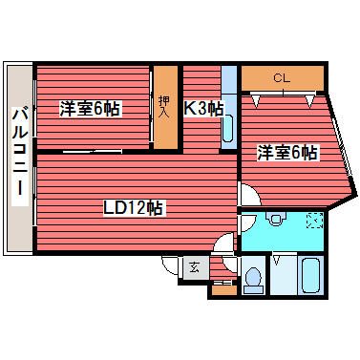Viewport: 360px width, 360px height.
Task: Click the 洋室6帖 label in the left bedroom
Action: click(x=91, y=109)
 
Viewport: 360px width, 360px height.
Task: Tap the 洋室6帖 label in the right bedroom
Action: click(x=286, y=152)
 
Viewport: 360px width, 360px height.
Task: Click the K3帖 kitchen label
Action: click(x=202, y=109)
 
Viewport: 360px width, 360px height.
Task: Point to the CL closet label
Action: click(x=281, y=77)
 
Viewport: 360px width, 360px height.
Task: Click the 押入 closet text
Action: click(x=165, y=107)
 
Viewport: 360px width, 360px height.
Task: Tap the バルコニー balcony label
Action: click(x=19, y=157)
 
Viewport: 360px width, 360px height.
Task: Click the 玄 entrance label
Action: click(x=193, y=267)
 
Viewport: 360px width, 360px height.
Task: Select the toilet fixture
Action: click(x=253, y=278)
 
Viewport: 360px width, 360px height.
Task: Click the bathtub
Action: click(x=310, y=277)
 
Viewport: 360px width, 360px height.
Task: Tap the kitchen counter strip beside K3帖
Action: click(x=228, y=105)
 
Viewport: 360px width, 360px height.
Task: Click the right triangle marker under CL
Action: click(x=310, y=95)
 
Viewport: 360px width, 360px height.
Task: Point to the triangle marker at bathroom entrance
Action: click(x=277, y=257)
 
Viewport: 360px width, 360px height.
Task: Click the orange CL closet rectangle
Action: click(x=281, y=77)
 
